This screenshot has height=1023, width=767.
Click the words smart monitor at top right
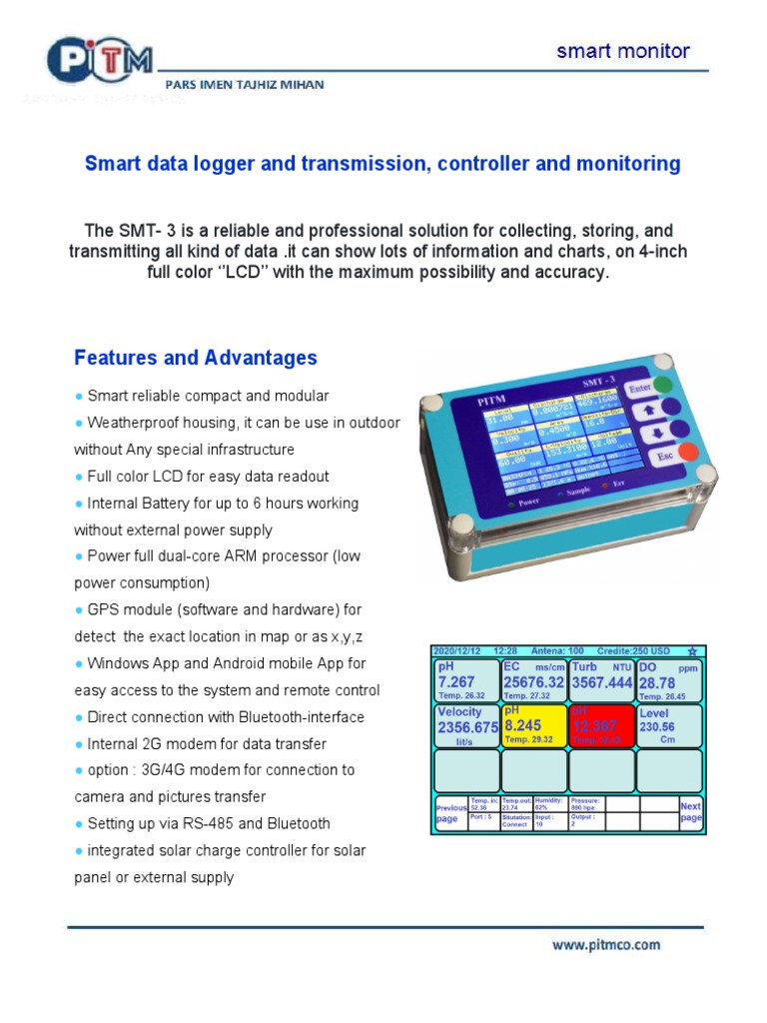(622, 52)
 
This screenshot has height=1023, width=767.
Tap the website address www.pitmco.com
(607, 944)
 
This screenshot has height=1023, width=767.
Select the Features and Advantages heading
(196, 358)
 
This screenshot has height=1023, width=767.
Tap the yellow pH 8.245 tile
(533, 724)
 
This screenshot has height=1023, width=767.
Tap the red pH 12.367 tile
(600, 724)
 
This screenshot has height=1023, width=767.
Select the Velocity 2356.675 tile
(466, 724)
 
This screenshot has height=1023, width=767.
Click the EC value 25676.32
(533, 682)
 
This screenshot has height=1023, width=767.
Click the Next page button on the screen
(690, 812)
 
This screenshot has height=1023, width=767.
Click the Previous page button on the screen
(450, 812)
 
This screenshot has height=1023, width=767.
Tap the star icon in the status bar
(692, 650)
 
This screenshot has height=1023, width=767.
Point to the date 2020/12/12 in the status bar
(457, 650)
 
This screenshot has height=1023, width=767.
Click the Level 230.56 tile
(668, 724)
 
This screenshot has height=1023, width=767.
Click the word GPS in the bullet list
(104, 609)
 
